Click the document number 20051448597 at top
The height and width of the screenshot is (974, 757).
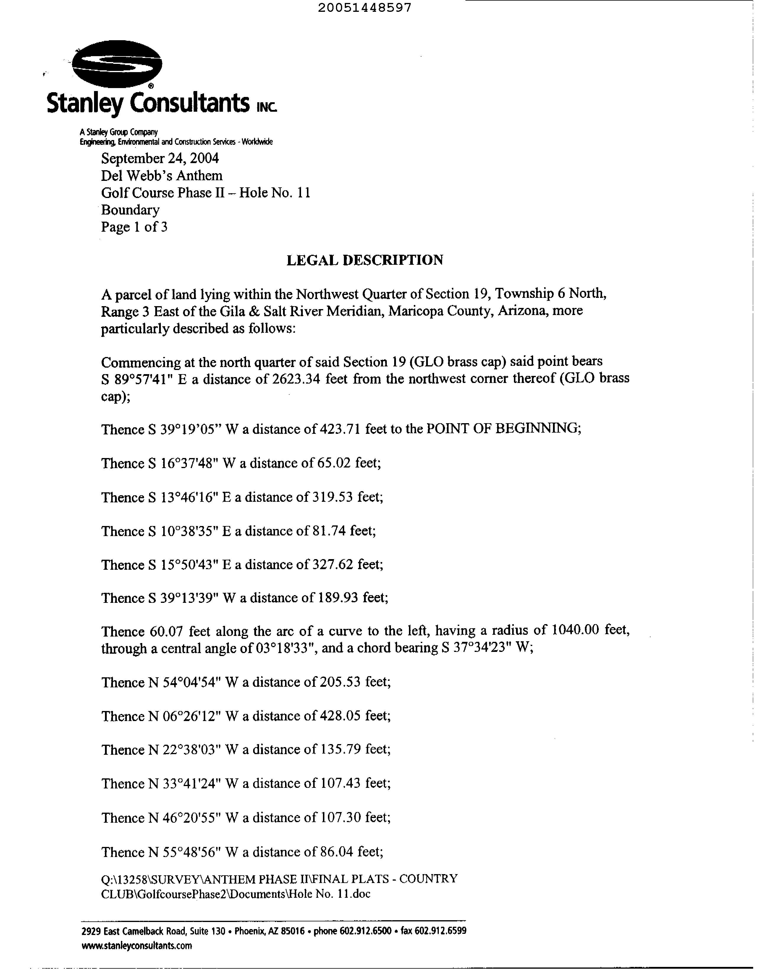click(x=365, y=8)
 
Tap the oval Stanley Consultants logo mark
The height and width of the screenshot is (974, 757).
click(x=117, y=64)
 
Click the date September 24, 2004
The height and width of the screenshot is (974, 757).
click(x=160, y=158)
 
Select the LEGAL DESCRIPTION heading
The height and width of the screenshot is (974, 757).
click(x=365, y=260)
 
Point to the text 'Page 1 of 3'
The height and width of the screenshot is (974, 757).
click(x=134, y=227)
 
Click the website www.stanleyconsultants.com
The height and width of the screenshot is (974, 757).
click(x=137, y=945)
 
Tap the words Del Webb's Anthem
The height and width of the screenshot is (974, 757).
click(x=161, y=176)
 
